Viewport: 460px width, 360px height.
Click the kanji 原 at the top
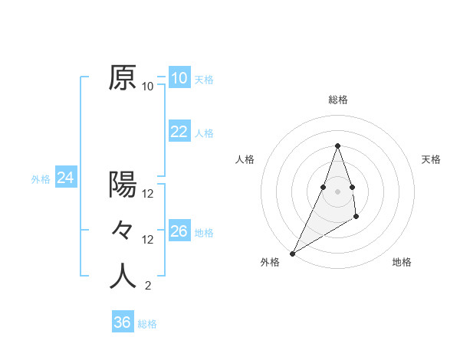click(123, 77)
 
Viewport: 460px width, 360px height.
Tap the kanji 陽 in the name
click(123, 184)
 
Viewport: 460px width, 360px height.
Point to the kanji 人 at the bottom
click(123, 277)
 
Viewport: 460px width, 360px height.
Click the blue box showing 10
click(179, 78)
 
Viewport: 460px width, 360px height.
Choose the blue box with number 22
click(179, 132)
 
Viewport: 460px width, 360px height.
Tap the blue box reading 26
click(179, 231)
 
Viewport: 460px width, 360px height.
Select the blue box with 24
click(65, 178)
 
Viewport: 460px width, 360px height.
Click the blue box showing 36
click(122, 322)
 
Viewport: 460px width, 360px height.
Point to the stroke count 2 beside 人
click(147, 286)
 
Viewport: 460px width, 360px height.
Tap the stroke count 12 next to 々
click(148, 240)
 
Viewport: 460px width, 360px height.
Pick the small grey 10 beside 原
click(148, 87)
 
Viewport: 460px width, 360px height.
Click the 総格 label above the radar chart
click(338, 100)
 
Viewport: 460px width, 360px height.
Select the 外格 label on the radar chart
click(270, 262)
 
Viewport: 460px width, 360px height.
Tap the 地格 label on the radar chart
click(402, 262)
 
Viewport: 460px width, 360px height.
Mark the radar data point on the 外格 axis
click(292, 253)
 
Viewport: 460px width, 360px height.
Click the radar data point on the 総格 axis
click(338, 146)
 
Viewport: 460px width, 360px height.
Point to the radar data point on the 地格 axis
click(356, 218)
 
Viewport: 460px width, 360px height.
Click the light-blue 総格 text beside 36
click(147, 324)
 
